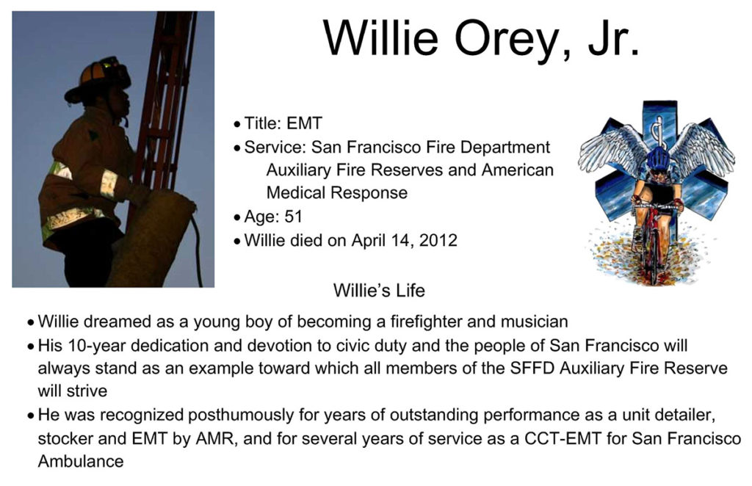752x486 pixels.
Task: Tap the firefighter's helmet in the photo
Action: coord(98,79)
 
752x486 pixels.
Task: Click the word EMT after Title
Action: coord(304,123)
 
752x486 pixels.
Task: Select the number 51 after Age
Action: coord(294,216)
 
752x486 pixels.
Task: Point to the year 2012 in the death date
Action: coord(438,239)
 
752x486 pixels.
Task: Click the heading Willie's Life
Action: coord(379,290)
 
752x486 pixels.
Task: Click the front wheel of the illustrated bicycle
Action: coord(653,254)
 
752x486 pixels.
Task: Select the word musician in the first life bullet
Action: coord(535,321)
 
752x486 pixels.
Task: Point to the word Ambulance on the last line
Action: coord(81,461)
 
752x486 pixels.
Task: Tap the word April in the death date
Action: coord(367,240)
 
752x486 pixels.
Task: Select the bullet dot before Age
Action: coord(237,217)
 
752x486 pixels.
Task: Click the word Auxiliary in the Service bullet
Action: coord(298,170)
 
